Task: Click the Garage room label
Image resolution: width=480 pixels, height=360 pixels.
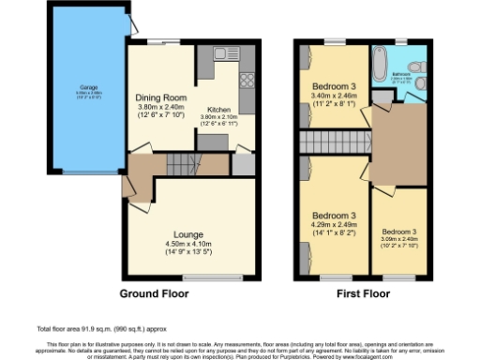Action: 75,89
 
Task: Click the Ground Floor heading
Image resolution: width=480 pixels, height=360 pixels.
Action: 154,293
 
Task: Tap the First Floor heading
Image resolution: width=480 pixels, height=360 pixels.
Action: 365,293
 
